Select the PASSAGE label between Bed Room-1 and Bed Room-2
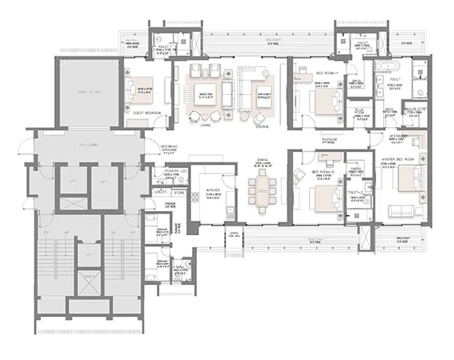click(330, 139)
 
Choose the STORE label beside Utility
click(178, 192)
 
